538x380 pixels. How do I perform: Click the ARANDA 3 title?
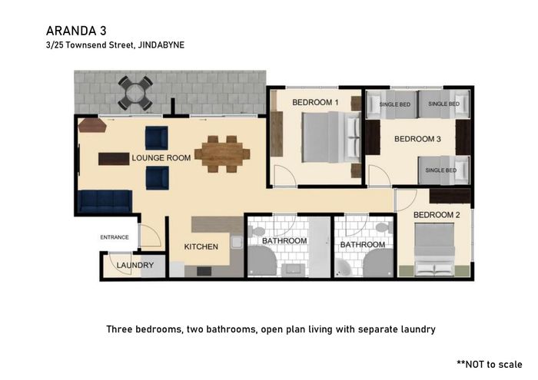click(x=76, y=31)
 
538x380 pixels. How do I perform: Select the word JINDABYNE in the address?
click(x=161, y=45)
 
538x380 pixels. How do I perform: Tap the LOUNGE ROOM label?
click(x=161, y=158)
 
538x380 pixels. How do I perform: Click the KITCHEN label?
click(x=201, y=246)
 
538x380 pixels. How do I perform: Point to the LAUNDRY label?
click(x=135, y=265)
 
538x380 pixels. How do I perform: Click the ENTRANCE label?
click(x=115, y=237)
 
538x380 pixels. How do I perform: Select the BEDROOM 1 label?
click(x=315, y=102)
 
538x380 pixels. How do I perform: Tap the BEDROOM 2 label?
click(x=437, y=215)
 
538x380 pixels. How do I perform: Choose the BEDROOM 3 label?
click(x=417, y=139)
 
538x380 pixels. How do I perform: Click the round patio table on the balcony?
click(x=135, y=93)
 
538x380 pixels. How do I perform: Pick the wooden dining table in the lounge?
click(x=222, y=154)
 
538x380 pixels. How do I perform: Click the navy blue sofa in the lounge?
click(x=105, y=201)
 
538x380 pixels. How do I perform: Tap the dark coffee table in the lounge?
click(x=114, y=159)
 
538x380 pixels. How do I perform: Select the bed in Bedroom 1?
click(x=331, y=137)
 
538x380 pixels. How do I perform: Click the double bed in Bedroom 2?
click(x=434, y=249)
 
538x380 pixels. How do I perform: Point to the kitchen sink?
click(x=237, y=243)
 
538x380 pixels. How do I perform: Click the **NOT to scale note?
click(x=490, y=364)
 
